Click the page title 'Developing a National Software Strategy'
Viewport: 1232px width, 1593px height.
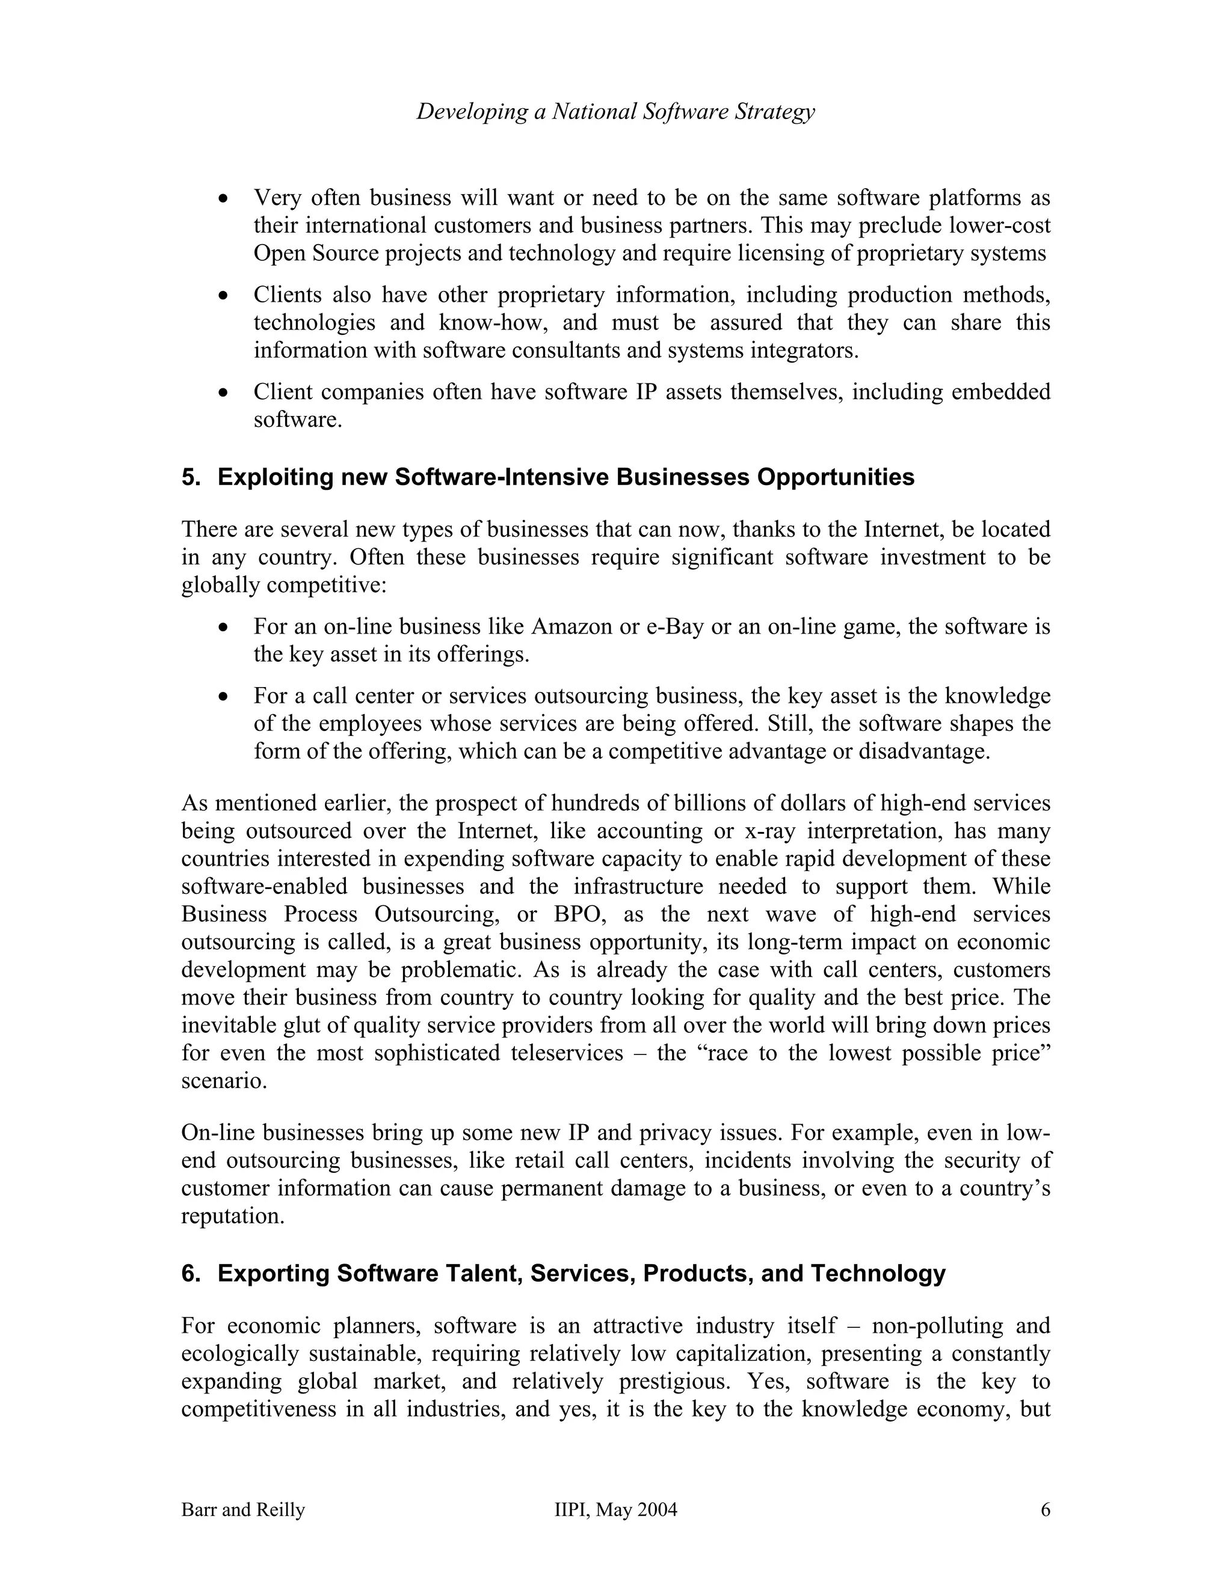pos(615,112)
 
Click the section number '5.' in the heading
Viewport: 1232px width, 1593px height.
pos(191,477)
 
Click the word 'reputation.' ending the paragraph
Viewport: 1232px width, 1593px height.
pos(232,1217)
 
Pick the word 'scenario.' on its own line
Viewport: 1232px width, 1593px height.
pos(224,1081)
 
